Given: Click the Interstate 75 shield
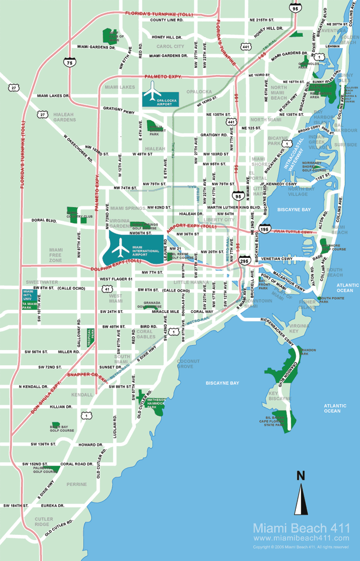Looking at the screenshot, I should tap(71, 62).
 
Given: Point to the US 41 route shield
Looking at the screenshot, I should tap(108, 289).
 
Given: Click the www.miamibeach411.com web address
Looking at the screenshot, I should tap(301, 538).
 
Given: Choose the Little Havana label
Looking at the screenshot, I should tap(191, 283).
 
